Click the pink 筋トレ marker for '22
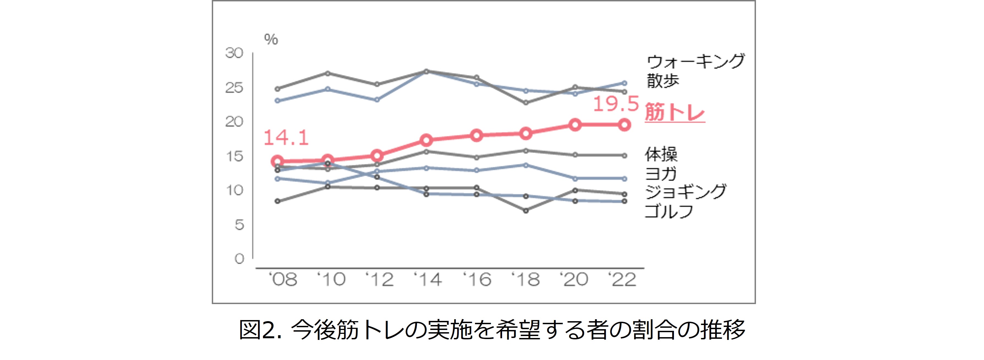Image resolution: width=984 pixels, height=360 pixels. [x=624, y=124]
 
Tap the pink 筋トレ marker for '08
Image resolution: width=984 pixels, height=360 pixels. [x=278, y=161]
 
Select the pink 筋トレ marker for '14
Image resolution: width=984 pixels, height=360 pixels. [x=426, y=140]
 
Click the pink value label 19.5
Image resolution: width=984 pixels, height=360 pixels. [x=616, y=104]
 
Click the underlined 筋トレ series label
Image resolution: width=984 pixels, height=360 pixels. [x=675, y=113]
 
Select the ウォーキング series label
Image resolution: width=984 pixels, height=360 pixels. [x=695, y=61]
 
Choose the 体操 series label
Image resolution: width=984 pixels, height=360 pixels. [x=661, y=154]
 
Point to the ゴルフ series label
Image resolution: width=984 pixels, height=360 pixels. [x=669, y=211]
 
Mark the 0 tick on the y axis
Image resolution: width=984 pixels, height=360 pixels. [x=239, y=259]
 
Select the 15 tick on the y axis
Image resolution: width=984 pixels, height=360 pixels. [x=234, y=156]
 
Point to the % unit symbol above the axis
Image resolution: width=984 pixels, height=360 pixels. [x=271, y=39]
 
